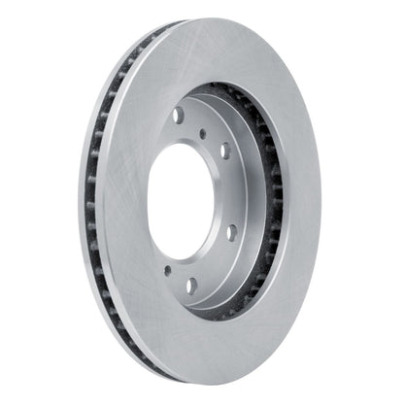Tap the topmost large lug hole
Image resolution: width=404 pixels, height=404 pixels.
(179, 116)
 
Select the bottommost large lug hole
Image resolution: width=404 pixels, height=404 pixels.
(191, 286)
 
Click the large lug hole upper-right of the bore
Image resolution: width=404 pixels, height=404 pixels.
(225, 151)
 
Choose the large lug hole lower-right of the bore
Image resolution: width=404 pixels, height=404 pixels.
(232, 232)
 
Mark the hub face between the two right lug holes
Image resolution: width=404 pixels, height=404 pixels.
(233, 192)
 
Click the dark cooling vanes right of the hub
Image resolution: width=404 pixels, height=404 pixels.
(275, 194)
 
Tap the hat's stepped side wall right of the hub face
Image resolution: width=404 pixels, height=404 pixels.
(254, 194)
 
